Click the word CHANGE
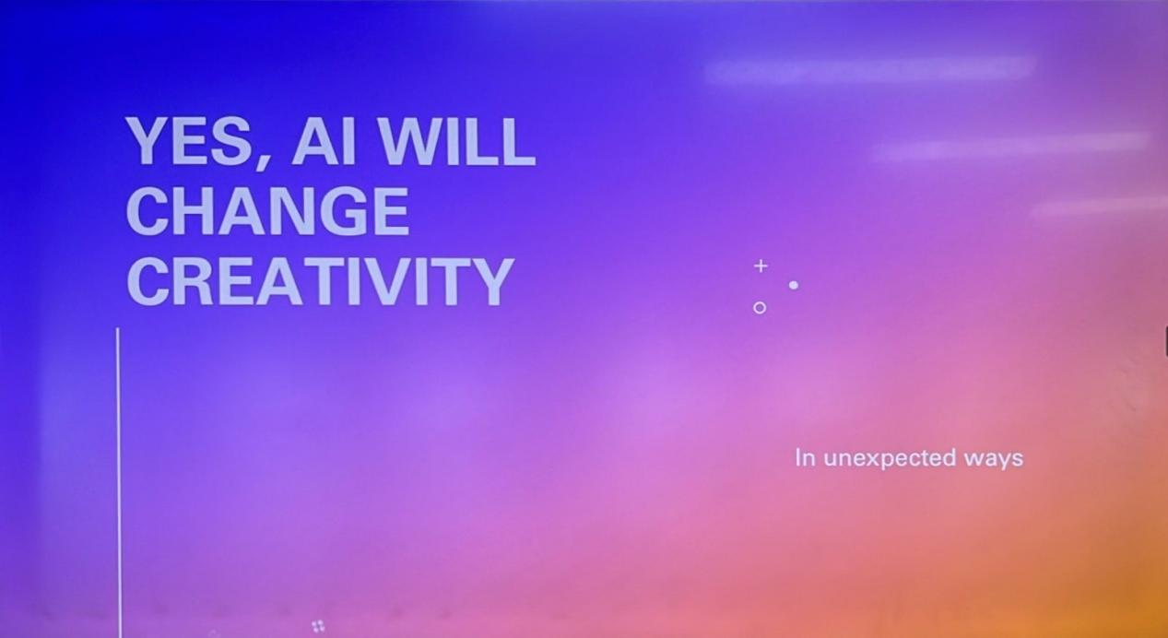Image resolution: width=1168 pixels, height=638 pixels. click(x=267, y=210)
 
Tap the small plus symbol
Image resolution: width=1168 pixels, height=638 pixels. click(x=761, y=266)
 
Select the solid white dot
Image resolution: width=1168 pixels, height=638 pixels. click(x=794, y=286)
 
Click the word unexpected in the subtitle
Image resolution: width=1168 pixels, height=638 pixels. click(x=890, y=458)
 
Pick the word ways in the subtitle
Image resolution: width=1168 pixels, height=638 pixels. click(x=994, y=459)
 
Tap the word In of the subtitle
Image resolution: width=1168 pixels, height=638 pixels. click(x=805, y=458)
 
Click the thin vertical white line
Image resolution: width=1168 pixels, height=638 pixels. click(x=118, y=482)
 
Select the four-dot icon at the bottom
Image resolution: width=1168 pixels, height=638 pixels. click(x=318, y=626)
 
